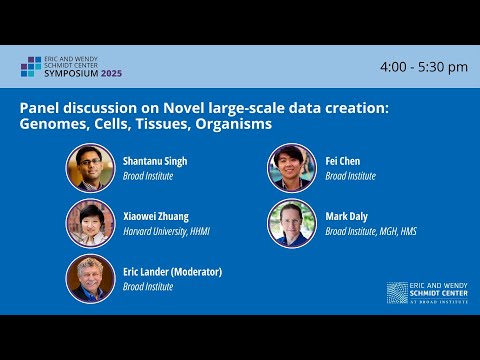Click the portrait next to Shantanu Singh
(x=90, y=168)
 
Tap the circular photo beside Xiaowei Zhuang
(x=90, y=223)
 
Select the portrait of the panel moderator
(x=90, y=278)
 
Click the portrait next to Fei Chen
(x=292, y=168)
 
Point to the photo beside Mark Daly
(x=292, y=223)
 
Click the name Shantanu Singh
(x=154, y=161)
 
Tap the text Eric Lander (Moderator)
(x=171, y=271)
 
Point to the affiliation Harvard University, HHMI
(x=165, y=231)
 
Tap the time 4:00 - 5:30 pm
(x=424, y=67)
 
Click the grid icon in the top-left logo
(x=31, y=67)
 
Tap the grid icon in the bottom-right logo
(x=397, y=291)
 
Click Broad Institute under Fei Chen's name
(x=351, y=176)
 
